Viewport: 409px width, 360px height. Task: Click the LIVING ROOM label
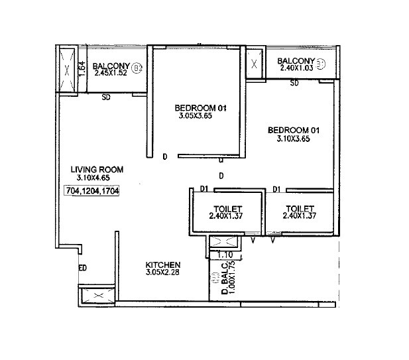pos(97,170)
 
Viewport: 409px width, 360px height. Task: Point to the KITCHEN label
pos(163,265)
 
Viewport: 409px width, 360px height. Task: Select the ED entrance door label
pos(83,268)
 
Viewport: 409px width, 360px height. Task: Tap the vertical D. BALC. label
pos(225,281)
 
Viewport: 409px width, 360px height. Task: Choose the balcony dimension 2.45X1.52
pos(110,74)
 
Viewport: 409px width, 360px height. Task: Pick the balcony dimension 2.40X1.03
pos(295,68)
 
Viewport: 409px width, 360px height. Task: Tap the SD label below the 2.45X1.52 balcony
pos(105,97)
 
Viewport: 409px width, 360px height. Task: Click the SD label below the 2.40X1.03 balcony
pos(294,83)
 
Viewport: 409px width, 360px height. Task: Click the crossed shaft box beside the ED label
pos(89,295)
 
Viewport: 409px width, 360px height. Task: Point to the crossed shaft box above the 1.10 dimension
pos(221,242)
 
